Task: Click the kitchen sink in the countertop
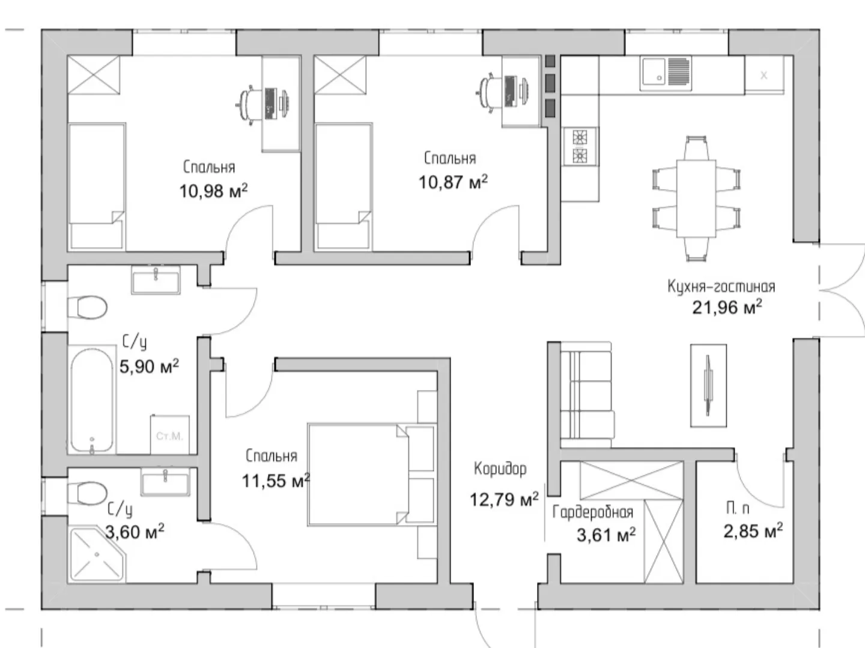point(666,73)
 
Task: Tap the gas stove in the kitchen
point(580,146)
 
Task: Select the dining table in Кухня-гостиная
point(696,198)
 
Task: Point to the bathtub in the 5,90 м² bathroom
point(93,400)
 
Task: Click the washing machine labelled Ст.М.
point(169,434)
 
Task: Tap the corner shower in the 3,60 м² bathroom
point(97,554)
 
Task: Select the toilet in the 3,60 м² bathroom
point(88,493)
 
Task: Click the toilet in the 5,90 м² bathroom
point(88,307)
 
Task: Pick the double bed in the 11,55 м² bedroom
point(372,475)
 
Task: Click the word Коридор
point(500,469)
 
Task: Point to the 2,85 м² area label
point(753,531)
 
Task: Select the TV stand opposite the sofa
point(708,385)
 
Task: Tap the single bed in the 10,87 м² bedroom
point(343,187)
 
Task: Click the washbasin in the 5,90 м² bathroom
point(156,280)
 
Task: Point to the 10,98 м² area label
point(214,191)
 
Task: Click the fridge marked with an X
point(764,75)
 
